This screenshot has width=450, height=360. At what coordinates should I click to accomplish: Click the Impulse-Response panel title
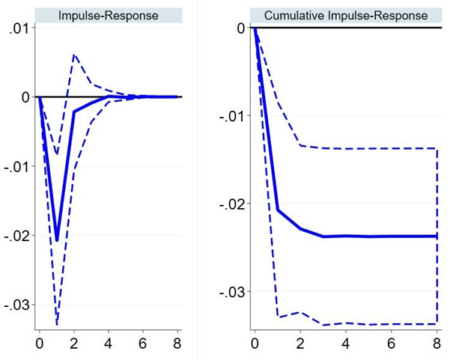[109, 15]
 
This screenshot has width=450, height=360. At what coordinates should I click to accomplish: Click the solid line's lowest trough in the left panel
[57, 240]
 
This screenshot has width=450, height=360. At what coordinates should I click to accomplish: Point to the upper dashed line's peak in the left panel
[74, 55]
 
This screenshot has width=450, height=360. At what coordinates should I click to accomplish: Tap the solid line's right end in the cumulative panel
[437, 236]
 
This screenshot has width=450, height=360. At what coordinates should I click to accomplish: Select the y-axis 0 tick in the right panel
[240, 28]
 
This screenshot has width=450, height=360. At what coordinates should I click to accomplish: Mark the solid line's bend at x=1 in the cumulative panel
[278, 210]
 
